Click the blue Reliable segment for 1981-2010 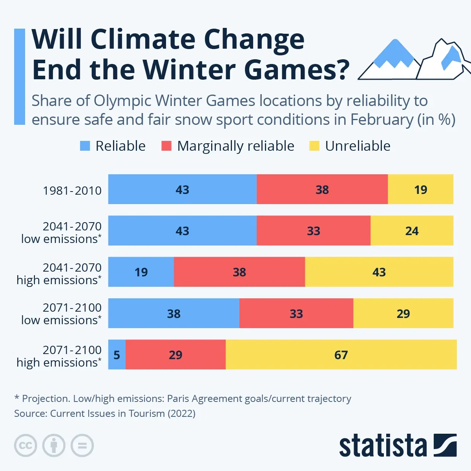tap(182, 190)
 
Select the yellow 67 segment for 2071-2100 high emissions tap(341, 354)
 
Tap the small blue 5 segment tap(117, 354)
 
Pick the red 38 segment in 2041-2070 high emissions tap(239, 272)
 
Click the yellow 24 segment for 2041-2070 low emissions tap(411, 231)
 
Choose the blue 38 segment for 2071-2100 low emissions tap(173, 313)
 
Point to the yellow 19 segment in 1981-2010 tap(420, 190)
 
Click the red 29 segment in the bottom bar tap(175, 354)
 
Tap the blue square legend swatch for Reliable tap(85, 146)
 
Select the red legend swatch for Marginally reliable tap(166, 146)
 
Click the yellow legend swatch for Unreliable tap(314, 146)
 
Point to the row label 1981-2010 tap(72, 190)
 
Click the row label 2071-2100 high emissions tap(59, 356)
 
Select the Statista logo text tap(383, 446)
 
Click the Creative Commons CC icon tap(26, 445)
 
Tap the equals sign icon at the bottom tap(82, 445)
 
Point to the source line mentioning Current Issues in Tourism tap(105, 413)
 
